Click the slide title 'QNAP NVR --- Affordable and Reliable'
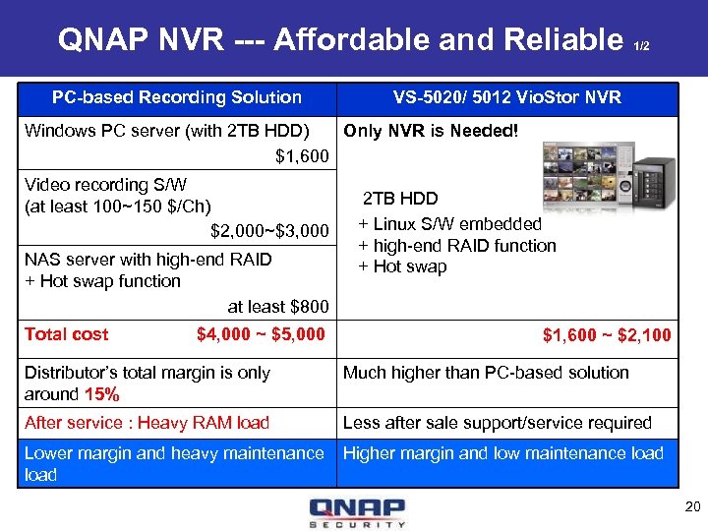(x=341, y=39)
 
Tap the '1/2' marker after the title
(x=641, y=46)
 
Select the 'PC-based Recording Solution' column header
(x=177, y=97)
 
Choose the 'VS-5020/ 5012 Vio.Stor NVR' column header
(x=506, y=97)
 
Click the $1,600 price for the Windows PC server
(x=302, y=155)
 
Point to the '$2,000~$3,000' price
(x=269, y=231)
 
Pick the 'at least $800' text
(x=278, y=307)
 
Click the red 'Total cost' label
(x=66, y=334)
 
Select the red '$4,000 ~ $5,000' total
(x=261, y=334)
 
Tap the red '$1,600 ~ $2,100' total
(x=607, y=335)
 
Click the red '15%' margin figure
(x=102, y=394)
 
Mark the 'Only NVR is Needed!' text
(x=430, y=131)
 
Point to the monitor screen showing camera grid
(x=579, y=173)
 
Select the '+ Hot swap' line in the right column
(x=402, y=267)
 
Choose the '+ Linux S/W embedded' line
(x=449, y=224)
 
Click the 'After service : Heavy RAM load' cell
(x=147, y=423)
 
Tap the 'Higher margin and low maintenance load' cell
(x=502, y=453)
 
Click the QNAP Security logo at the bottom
(x=356, y=512)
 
